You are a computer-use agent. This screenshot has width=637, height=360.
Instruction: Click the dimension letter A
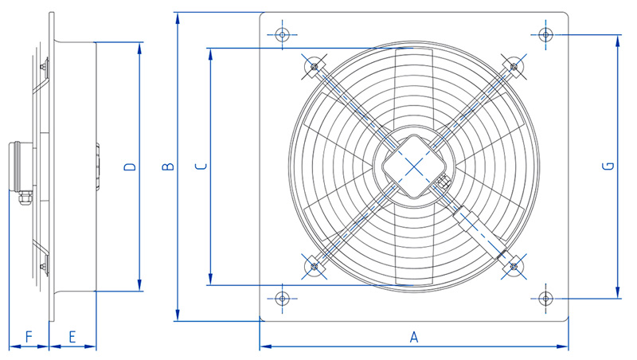[x=414, y=337]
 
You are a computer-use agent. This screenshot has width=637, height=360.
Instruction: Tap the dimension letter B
[x=168, y=166]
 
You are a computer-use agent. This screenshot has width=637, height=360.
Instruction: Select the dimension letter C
[x=201, y=166]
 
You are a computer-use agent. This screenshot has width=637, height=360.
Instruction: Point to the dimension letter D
[x=130, y=166]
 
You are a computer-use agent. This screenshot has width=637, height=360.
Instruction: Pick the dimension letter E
[x=72, y=337]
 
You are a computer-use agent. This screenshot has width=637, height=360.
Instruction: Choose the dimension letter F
[x=29, y=337]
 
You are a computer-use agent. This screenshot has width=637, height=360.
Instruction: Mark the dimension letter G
[x=609, y=166]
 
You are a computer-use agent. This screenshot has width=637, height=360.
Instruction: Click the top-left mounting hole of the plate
[x=283, y=34]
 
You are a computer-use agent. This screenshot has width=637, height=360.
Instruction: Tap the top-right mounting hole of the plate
[x=545, y=34]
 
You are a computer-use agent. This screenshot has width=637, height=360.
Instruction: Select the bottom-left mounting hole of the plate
[x=283, y=299]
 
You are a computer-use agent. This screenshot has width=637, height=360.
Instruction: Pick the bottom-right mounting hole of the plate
[x=545, y=299]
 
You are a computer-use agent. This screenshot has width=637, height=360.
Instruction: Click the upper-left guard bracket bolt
[x=314, y=66]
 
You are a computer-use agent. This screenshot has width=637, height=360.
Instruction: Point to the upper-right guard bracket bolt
[x=514, y=66]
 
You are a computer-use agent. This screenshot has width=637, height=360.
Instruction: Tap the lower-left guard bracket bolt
[x=314, y=267]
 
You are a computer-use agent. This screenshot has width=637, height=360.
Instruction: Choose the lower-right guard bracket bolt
[x=514, y=267]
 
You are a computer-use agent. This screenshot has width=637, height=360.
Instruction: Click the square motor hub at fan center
[x=414, y=166]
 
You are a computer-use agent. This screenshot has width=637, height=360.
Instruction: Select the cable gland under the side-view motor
[x=23, y=198]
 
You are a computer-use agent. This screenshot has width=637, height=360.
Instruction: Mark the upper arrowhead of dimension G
[x=618, y=41]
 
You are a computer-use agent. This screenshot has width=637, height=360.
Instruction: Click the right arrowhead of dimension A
[x=563, y=346]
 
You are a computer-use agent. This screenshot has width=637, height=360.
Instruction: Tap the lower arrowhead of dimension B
[x=178, y=315]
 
